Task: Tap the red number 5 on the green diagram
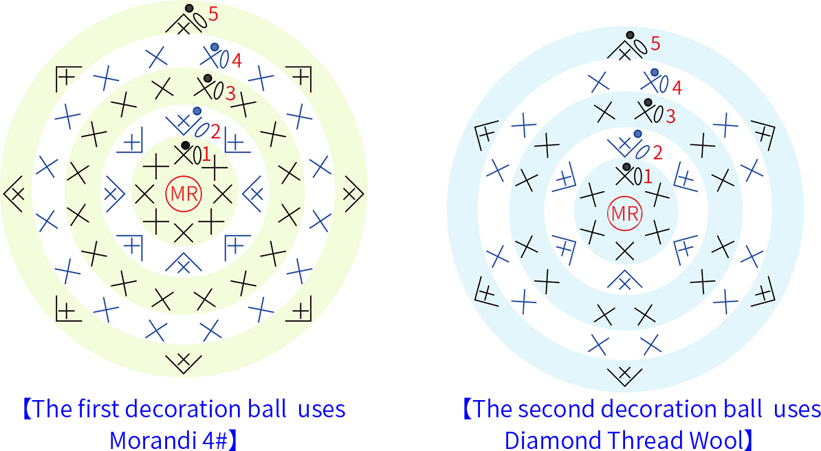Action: (213, 14)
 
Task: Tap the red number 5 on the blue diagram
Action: (655, 43)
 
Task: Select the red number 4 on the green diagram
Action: (236, 60)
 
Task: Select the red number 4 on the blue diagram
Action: (677, 87)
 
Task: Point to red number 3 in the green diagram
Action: (230, 93)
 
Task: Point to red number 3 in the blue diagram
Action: (670, 115)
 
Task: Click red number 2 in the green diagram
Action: (215, 131)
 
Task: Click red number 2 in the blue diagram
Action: (657, 153)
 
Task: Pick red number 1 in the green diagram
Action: (206, 155)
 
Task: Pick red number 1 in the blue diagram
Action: (648, 177)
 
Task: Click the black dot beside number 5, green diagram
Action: (189, 8)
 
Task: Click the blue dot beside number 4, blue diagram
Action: (654, 72)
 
